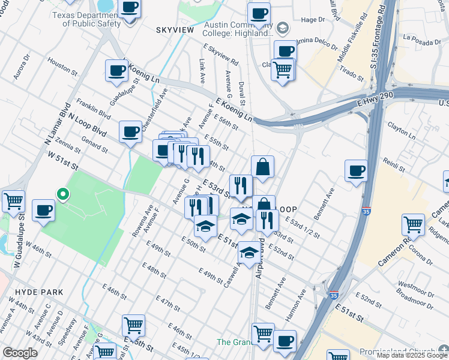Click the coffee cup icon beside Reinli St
point(356,171)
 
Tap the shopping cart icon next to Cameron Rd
point(414,225)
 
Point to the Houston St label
point(59,65)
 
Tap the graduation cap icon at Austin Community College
point(282,28)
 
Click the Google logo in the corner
point(20,353)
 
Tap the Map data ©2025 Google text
point(412,355)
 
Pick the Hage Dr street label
point(312,20)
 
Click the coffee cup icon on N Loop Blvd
point(130,132)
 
